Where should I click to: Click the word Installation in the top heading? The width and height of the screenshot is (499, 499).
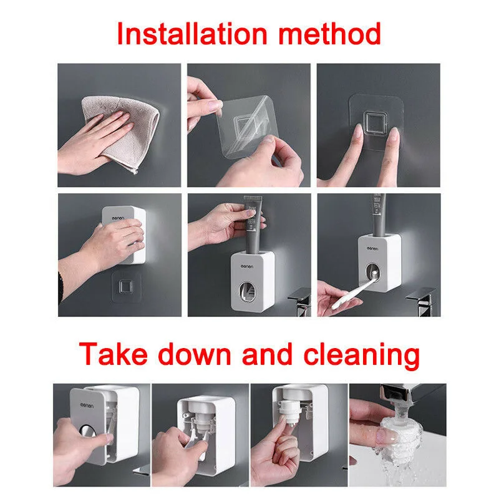pos(193,34)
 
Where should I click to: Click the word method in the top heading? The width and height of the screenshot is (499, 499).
pos(330,34)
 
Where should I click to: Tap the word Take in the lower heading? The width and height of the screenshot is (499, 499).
pos(113,354)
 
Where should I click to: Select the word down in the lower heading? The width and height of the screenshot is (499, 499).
pos(194,354)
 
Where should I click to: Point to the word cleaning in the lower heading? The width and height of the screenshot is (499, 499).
pos(362,356)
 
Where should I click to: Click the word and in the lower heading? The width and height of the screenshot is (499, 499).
pos(267,354)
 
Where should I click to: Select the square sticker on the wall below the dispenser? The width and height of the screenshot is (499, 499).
pos(126,287)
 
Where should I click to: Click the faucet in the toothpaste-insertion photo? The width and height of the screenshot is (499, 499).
pos(301,301)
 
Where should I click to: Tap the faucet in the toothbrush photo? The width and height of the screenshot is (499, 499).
pos(422,301)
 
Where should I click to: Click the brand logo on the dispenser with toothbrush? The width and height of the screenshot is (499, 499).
pos(372,248)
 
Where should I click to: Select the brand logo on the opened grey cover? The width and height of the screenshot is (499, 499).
pos(87,406)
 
